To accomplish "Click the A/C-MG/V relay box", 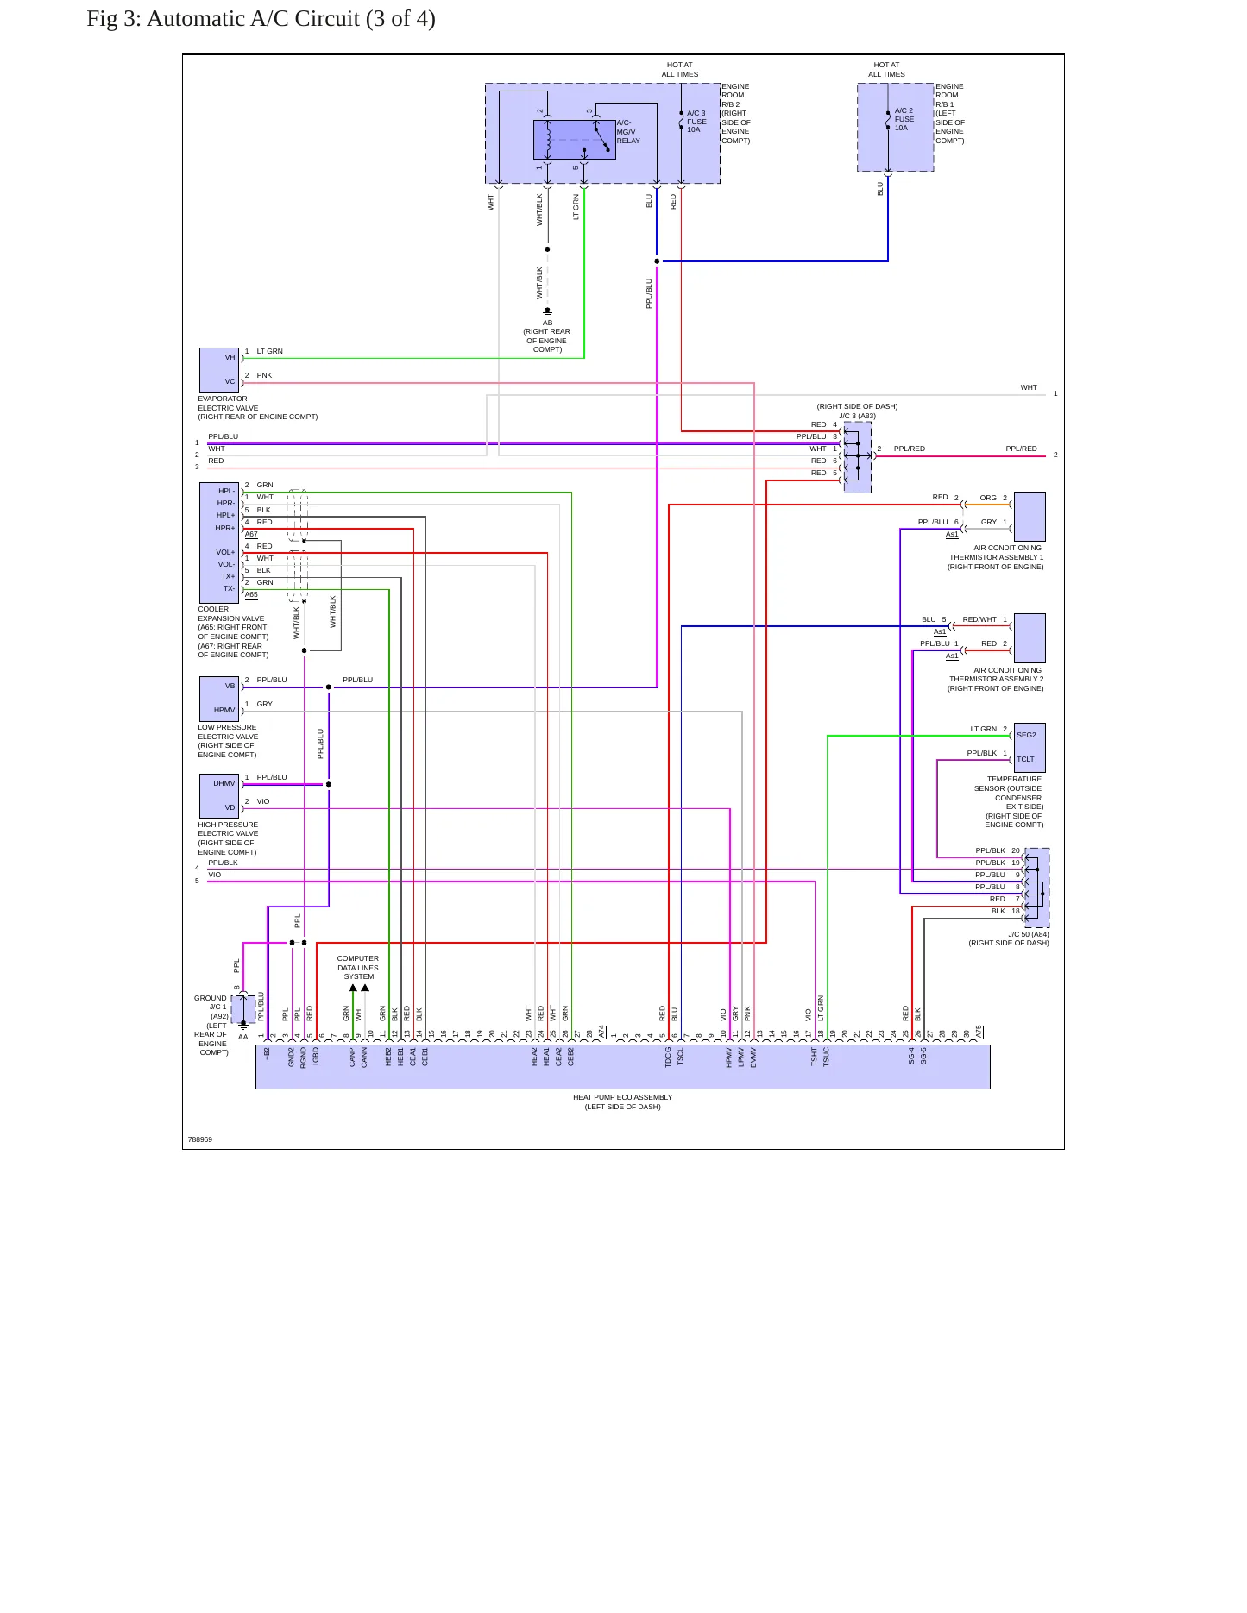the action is click(574, 140).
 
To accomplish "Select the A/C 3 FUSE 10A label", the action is click(696, 122).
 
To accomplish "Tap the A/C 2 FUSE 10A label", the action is click(904, 119).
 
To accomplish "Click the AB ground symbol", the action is click(547, 312).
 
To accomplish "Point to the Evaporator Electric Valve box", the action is click(219, 370).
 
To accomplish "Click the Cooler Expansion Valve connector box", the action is click(219, 543).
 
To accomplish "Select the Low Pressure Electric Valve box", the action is click(219, 699).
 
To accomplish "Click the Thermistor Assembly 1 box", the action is click(1030, 516).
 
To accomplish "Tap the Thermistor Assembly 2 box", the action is click(1030, 638).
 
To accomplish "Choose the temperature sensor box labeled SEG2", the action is click(1030, 747).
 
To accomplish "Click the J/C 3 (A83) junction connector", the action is click(857, 457).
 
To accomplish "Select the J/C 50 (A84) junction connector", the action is click(1037, 888).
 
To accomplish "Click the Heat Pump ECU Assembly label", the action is click(622, 1102).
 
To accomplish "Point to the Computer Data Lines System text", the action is click(358, 968).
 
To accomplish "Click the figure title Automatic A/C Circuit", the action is click(261, 19).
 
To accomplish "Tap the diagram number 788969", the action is click(200, 1139).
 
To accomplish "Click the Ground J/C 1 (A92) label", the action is click(211, 1025).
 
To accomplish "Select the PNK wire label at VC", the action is click(264, 375).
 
